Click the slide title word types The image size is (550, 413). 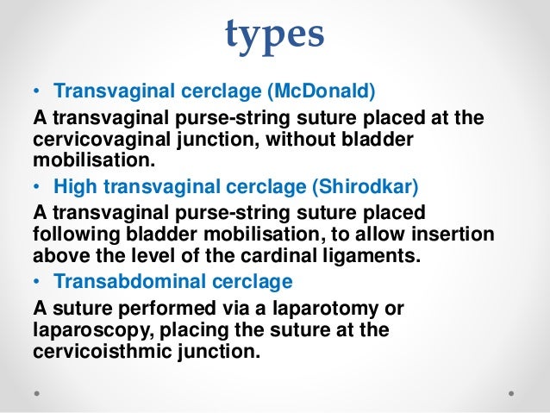point(274,34)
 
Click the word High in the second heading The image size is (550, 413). point(72,185)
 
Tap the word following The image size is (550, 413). point(70,233)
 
